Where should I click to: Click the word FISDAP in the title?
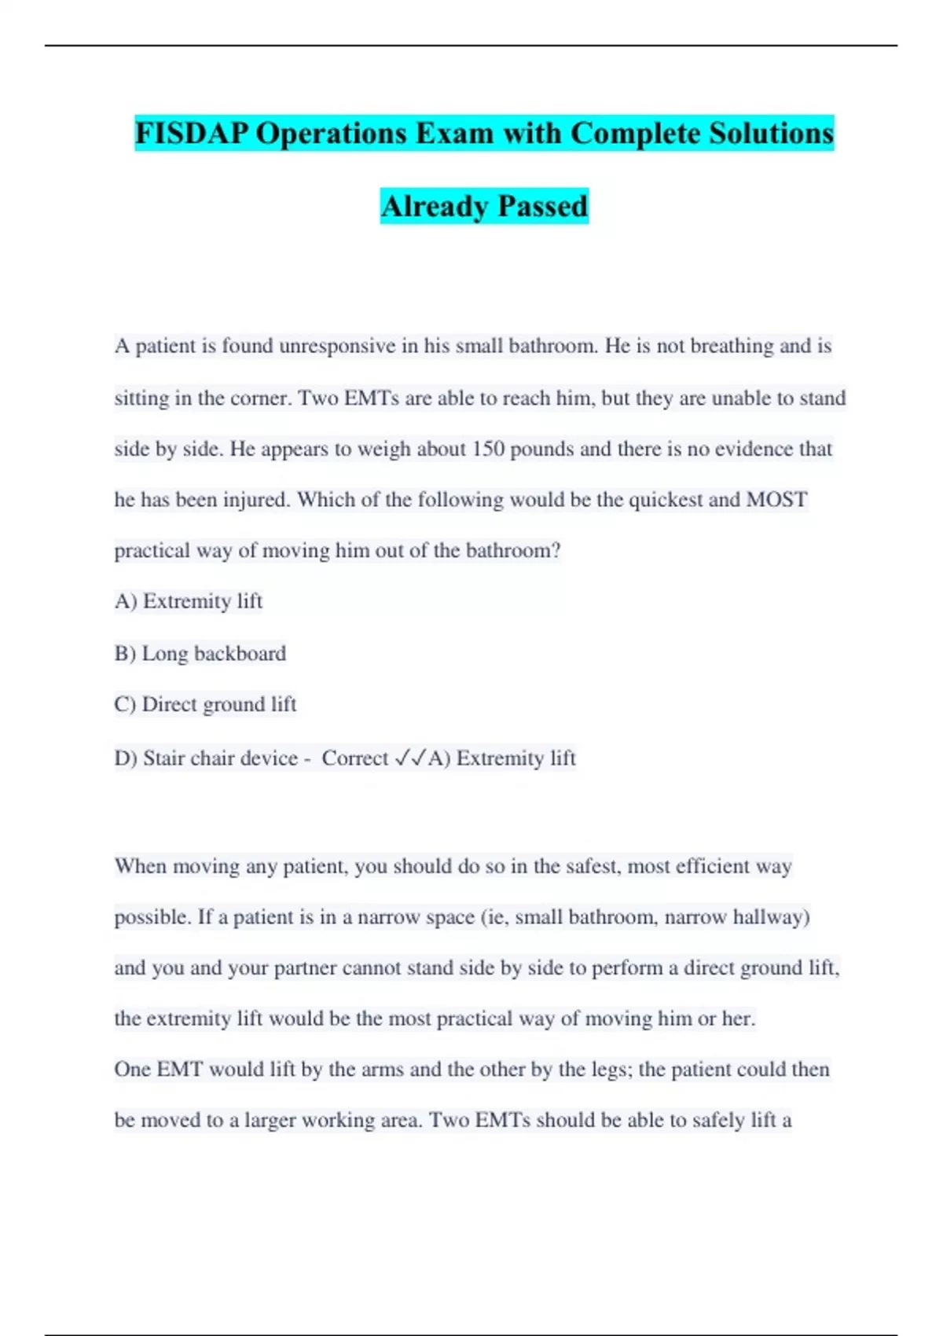pyautogui.click(x=191, y=134)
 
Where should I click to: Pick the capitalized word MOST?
pyautogui.click(x=776, y=500)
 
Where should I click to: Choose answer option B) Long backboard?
pyautogui.click(x=200, y=654)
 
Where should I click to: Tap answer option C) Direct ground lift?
pyautogui.click(x=205, y=705)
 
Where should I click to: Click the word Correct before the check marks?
pyautogui.click(x=355, y=758)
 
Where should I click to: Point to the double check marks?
pyautogui.click(x=409, y=758)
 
